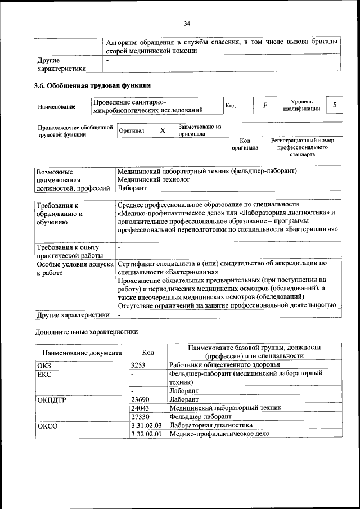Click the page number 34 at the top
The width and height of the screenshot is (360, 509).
(x=187, y=23)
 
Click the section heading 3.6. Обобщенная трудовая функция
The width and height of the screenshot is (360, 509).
(x=93, y=86)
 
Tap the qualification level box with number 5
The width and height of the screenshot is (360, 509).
(x=335, y=105)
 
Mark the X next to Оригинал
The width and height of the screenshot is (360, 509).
(x=163, y=130)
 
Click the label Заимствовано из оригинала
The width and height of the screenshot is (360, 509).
(x=200, y=130)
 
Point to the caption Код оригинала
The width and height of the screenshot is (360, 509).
(x=245, y=144)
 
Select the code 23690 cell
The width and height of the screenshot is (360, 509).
(x=140, y=398)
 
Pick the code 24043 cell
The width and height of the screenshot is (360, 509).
(x=140, y=407)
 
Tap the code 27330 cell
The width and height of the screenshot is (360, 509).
(x=140, y=416)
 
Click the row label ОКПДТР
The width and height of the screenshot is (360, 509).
(x=52, y=399)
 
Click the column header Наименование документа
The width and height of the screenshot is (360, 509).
(x=82, y=353)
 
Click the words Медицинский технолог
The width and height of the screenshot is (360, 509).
(x=154, y=179)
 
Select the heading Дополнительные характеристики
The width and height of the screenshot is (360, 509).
(x=86, y=332)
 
